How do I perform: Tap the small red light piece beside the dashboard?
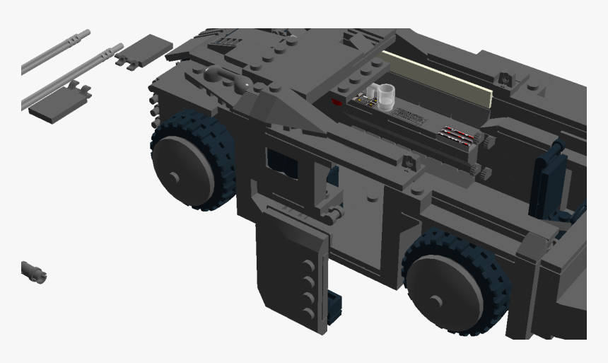pos(337,103)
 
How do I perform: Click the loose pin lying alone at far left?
pos(33,270)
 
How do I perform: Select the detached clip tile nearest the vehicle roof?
pos(144,52)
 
